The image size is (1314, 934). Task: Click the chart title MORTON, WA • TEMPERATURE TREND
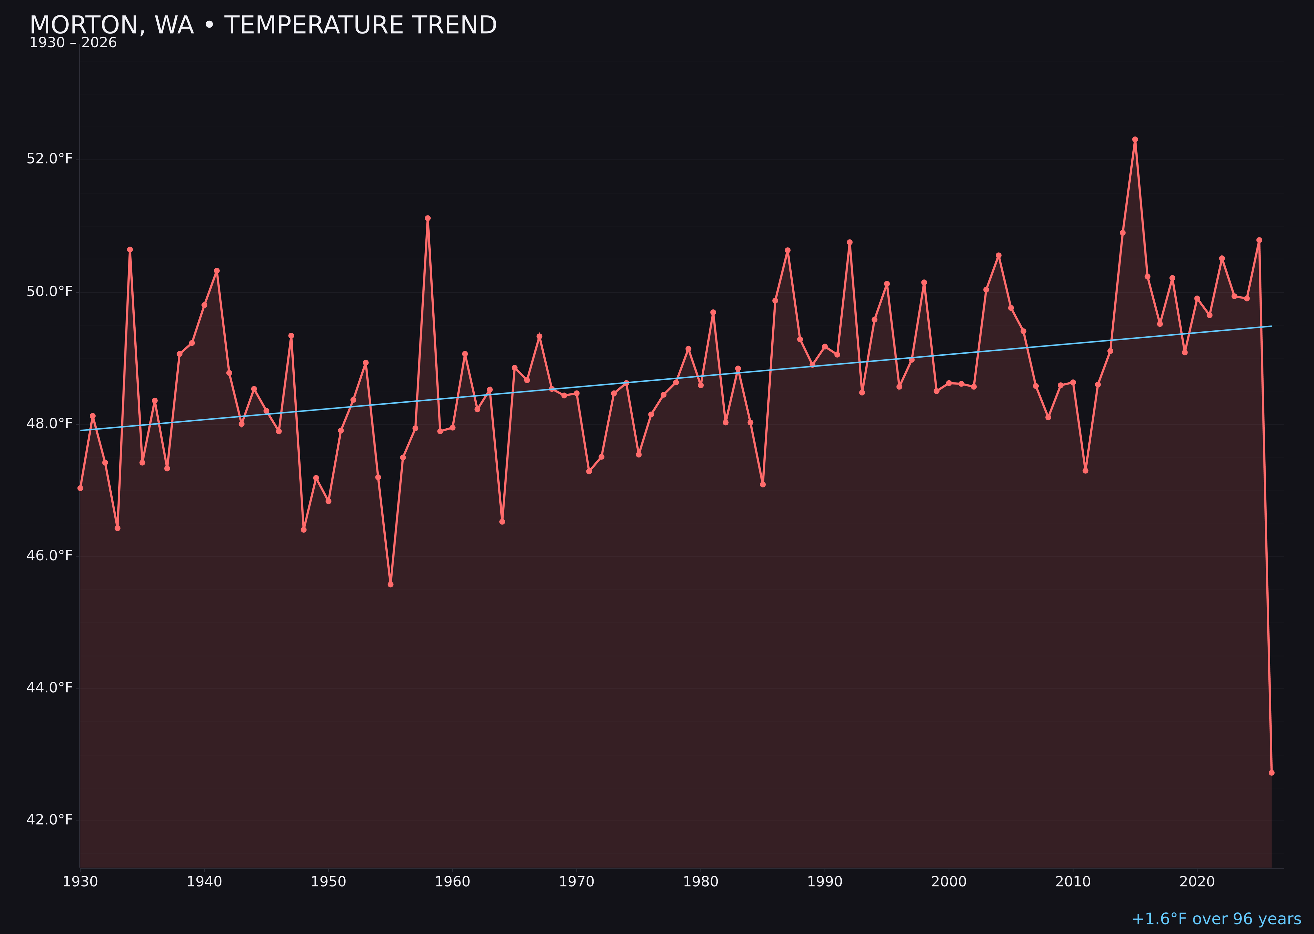[263, 25]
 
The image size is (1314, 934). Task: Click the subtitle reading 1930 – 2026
[73, 43]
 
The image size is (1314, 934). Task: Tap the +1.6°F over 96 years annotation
[1216, 919]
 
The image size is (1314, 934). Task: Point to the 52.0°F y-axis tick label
[50, 159]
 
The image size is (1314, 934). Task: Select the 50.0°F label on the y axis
[50, 292]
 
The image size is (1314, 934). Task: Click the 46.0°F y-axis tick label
[50, 556]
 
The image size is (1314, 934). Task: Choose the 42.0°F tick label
[50, 820]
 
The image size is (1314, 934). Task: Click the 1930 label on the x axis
[80, 882]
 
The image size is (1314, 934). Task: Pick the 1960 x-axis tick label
[452, 882]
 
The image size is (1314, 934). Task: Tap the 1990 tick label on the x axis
[825, 882]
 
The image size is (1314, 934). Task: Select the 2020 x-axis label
[1197, 882]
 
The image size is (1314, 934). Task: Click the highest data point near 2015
[1135, 139]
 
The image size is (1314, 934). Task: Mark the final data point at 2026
[1271, 772]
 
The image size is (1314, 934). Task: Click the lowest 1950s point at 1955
[391, 584]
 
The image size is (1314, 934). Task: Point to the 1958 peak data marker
[427, 218]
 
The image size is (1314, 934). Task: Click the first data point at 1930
[80, 488]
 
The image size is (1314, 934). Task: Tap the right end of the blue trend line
[1271, 326]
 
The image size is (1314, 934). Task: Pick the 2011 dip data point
[1086, 471]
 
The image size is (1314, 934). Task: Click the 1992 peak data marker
[850, 242]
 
